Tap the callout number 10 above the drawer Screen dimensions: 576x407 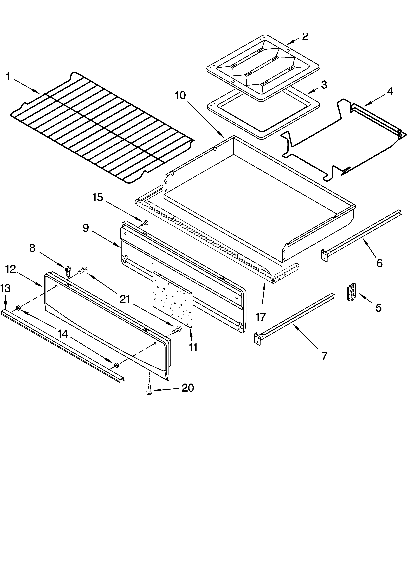180,96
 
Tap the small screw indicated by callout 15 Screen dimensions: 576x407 145,223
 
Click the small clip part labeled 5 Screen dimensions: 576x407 352,292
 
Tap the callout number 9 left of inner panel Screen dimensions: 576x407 86,228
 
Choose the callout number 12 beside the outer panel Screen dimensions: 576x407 11,269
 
